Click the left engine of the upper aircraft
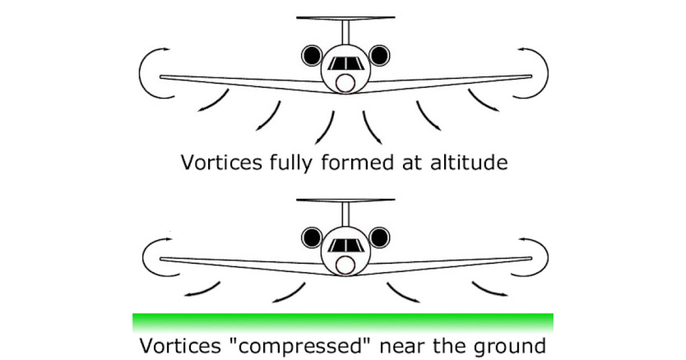[x=312, y=55]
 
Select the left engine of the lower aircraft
[x=312, y=237]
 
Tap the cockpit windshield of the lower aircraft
[x=345, y=246]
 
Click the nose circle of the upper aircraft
[x=345, y=83]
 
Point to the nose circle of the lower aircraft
[x=345, y=265]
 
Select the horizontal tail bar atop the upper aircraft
[x=345, y=18]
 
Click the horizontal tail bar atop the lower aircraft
[x=345, y=199]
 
